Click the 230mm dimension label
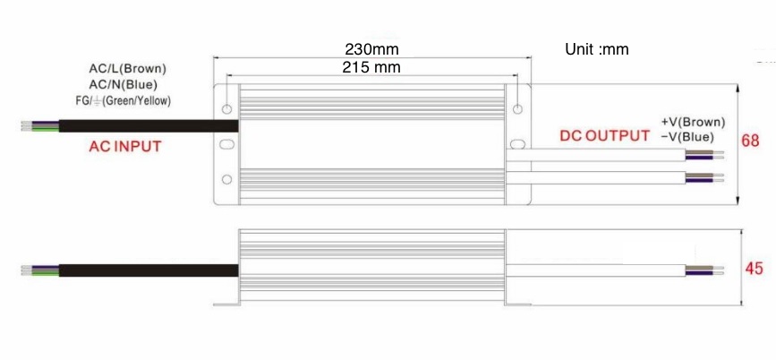[371, 49]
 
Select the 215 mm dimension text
[371, 67]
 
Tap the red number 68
[750, 141]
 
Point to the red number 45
[754, 270]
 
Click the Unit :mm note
[597, 49]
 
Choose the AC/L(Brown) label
[128, 68]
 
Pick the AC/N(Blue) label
[124, 84]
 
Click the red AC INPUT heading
[125, 147]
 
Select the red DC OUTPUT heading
[604, 136]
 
